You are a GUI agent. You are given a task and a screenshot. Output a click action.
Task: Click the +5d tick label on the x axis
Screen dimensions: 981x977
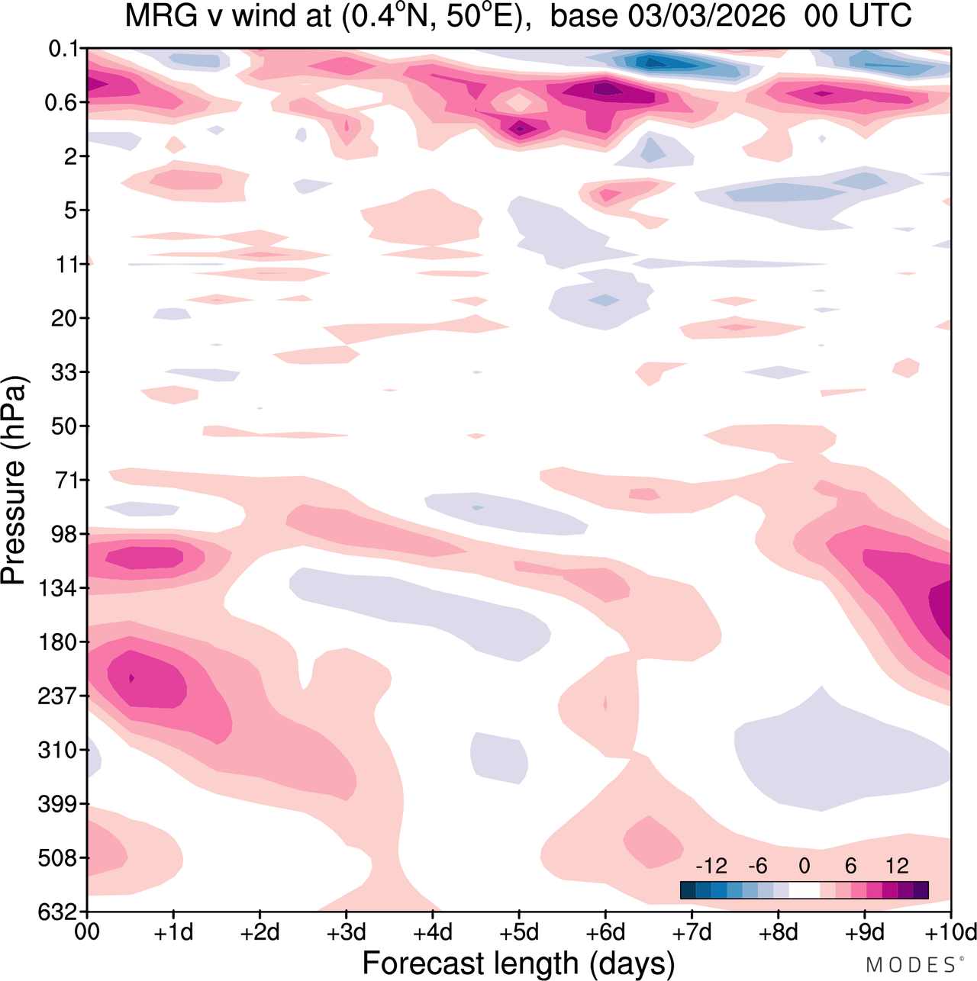coord(519,932)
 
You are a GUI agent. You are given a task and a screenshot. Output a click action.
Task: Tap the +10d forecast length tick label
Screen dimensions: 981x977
coord(950,932)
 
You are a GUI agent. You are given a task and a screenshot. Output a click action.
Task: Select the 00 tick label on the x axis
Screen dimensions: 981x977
coord(87,932)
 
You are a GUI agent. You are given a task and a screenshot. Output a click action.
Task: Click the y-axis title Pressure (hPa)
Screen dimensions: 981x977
coord(14,481)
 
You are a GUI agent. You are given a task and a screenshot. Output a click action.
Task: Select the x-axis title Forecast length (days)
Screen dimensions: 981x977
coord(518,963)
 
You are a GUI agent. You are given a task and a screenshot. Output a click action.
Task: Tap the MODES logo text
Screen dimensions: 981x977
coord(911,965)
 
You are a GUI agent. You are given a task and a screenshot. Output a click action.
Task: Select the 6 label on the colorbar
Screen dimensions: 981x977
coord(850,866)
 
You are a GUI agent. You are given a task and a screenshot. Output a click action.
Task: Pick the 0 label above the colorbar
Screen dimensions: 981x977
coord(804,866)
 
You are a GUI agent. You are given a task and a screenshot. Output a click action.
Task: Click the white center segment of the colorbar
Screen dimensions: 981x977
coord(804,890)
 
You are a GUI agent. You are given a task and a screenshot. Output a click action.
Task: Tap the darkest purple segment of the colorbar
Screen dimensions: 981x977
coord(921,890)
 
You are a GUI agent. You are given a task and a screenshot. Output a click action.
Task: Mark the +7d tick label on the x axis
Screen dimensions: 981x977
coord(692,932)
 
